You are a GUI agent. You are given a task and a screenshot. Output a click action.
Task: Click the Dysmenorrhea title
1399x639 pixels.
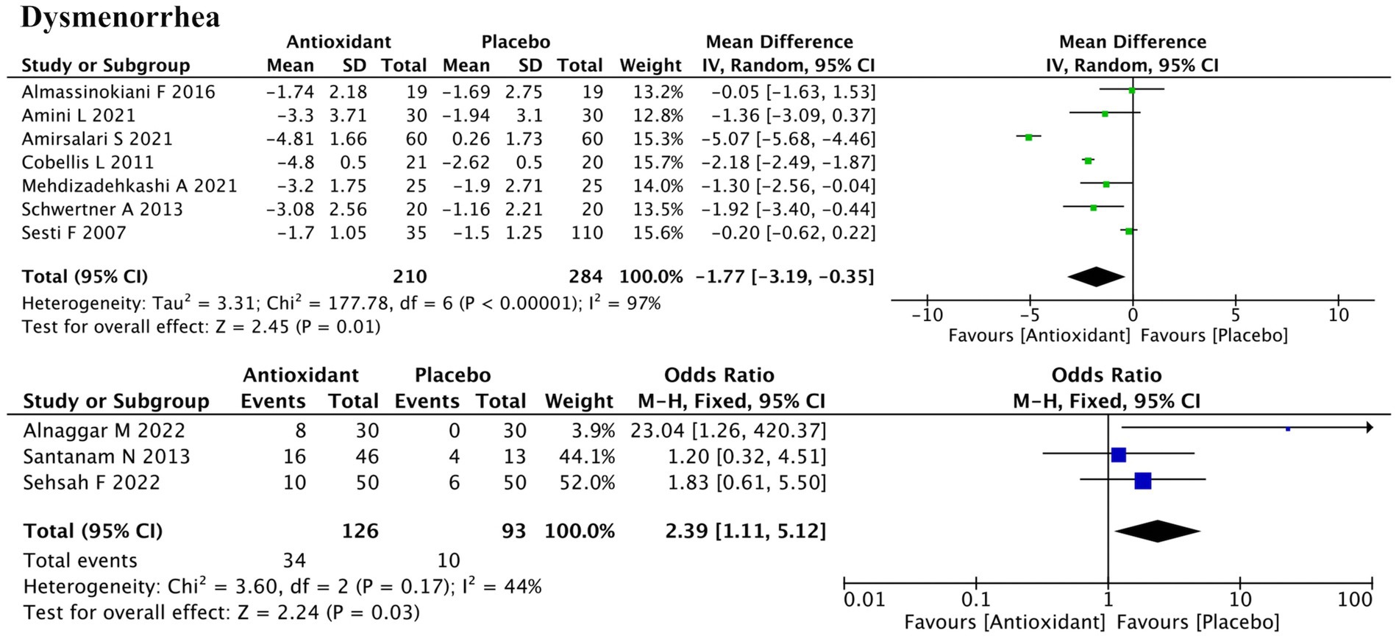tap(120, 16)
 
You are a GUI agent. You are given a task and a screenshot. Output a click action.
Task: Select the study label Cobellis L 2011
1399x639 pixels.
tap(88, 162)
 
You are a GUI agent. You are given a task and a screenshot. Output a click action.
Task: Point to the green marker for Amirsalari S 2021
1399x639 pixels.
tap(1029, 137)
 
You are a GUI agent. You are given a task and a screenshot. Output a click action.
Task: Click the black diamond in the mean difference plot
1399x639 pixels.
tap(1096, 277)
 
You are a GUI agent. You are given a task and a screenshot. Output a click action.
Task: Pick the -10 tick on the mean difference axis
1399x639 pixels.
tap(927, 315)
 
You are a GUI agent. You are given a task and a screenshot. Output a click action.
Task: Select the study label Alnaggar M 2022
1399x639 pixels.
tap(104, 431)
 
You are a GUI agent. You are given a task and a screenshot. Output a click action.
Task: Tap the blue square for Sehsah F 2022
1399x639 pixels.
tap(1142, 481)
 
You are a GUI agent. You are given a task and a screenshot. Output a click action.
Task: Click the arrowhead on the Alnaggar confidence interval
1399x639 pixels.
tap(1368, 428)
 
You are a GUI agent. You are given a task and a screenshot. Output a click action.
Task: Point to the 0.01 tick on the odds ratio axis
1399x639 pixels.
tap(864, 599)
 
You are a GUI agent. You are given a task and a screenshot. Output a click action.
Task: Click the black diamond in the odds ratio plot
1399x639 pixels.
tap(1157, 531)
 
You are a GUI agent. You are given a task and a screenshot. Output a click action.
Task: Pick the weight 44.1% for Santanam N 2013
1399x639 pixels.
tap(586, 456)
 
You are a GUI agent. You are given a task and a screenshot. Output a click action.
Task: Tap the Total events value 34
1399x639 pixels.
tap(294, 561)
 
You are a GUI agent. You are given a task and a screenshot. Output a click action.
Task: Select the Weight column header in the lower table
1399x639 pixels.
tap(578, 401)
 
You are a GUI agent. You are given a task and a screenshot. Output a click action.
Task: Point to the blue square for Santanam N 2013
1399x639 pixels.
tap(1118, 455)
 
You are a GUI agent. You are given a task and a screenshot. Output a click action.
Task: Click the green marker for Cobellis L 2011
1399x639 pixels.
tap(1088, 160)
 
